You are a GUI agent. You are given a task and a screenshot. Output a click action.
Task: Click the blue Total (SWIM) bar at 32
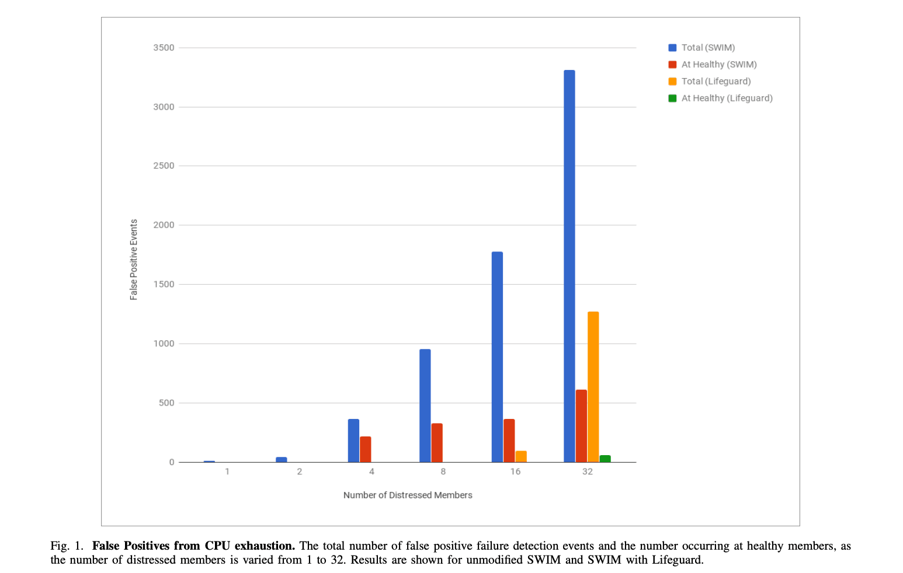click(569, 265)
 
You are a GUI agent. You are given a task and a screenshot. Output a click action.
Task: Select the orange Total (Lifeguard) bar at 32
click(593, 386)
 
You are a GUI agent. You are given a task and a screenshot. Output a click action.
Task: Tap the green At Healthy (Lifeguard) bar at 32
click(605, 459)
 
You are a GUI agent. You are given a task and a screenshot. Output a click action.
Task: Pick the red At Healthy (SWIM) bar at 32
click(581, 425)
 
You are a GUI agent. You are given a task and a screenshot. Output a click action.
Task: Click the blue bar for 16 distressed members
click(497, 357)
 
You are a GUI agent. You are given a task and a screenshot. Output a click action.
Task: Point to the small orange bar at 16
click(521, 456)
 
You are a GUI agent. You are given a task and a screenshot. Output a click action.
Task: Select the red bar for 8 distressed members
click(437, 442)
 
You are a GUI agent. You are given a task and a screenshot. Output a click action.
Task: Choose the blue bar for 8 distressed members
click(425, 405)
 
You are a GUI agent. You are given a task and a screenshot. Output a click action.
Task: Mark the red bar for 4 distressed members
click(365, 449)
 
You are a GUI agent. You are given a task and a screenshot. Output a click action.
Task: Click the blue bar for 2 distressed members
click(282, 459)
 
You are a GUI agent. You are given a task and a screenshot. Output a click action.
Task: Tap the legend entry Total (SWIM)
click(708, 48)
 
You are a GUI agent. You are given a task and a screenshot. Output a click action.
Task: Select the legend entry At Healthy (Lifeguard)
click(727, 98)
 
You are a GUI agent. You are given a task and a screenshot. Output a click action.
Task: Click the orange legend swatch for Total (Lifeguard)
click(672, 81)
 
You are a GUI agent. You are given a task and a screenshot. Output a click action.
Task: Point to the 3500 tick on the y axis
click(164, 48)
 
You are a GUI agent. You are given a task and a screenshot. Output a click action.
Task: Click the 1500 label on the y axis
click(164, 284)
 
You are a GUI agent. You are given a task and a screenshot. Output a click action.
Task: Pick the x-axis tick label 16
click(515, 471)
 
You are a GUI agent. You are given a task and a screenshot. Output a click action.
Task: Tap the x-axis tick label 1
click(227, 471)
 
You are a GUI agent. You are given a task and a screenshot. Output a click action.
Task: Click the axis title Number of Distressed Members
click(408, 495)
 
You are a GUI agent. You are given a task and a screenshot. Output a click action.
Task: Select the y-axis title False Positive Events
click(134, 260)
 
